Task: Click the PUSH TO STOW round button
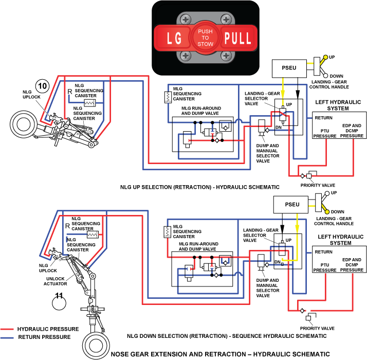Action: (205, 38)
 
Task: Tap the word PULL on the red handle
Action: (237, 38)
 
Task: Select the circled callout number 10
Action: (42, 86)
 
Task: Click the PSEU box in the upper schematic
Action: (289, 68)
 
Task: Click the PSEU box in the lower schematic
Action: (291, 205)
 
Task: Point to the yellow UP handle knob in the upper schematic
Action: (325, 57)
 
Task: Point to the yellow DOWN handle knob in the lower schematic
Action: (327, 212)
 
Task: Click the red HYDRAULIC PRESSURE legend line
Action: (7, 329)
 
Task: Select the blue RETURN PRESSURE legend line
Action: (7, 337)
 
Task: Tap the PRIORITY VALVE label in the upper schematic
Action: (318, 185)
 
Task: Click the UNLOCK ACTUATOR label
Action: (55, 281)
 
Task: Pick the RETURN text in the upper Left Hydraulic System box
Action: (323, 118)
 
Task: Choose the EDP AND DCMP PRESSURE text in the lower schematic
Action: (352, 265)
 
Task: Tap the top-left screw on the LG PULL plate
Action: (186, 20)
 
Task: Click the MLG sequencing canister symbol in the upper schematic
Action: (168, 97)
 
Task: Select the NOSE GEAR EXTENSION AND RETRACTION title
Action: (220, 354)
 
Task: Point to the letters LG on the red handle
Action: (174, 38)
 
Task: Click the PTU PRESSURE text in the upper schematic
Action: (325, 133)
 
